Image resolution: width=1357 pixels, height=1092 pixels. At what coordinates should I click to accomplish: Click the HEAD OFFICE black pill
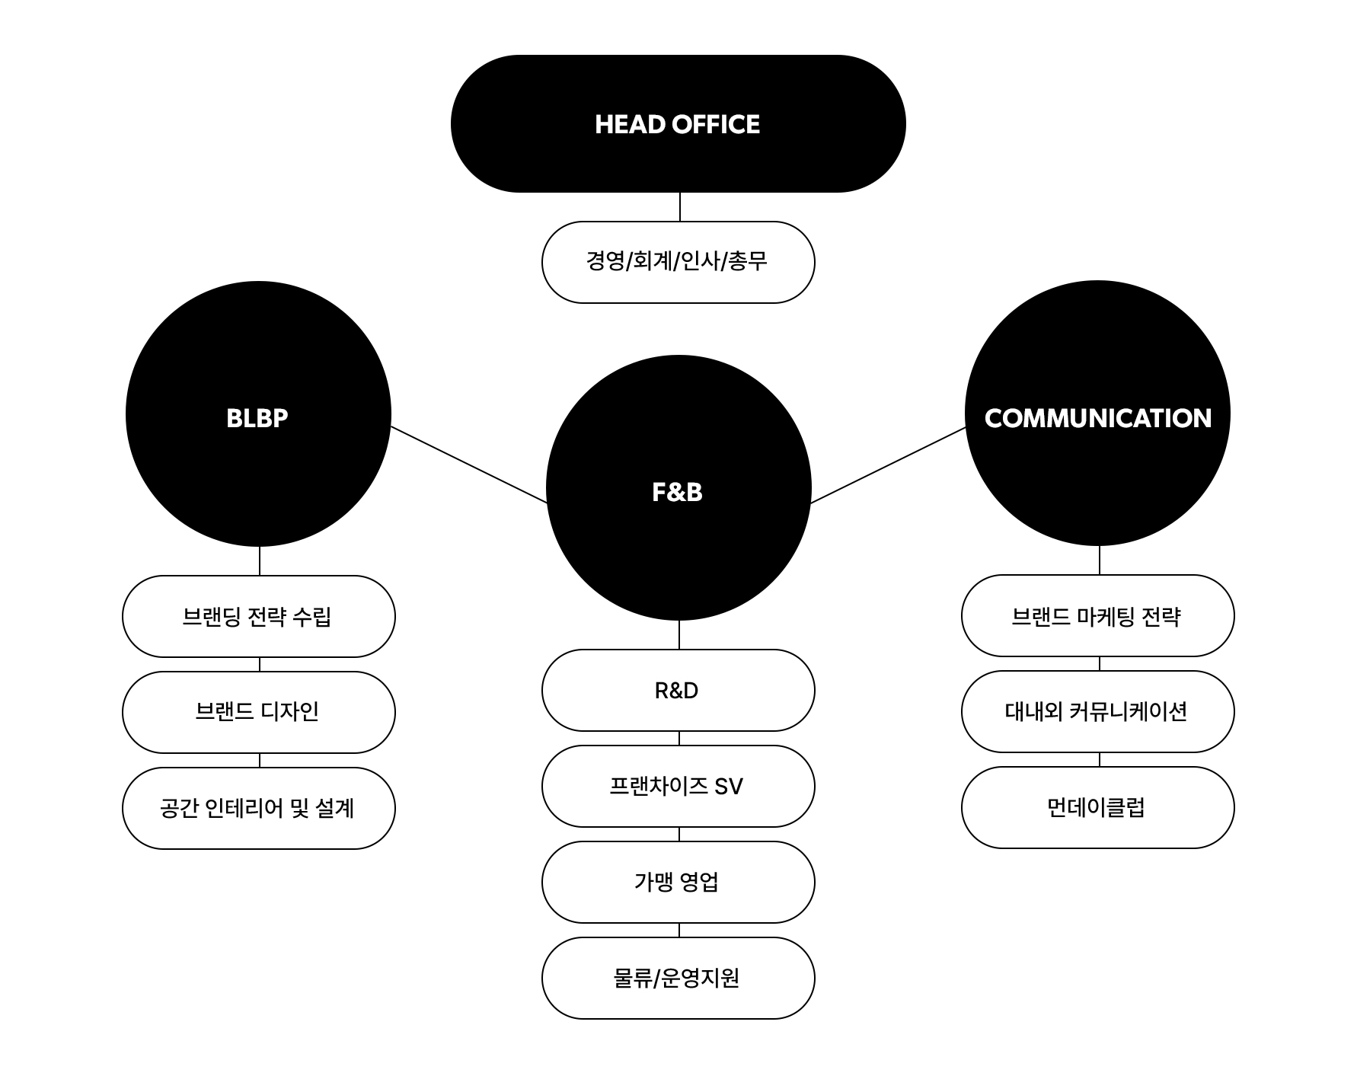pos(678,123)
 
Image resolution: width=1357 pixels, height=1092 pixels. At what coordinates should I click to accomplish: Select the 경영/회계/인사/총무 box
pos(678,262)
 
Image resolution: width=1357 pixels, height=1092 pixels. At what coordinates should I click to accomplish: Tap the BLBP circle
pos(258,413)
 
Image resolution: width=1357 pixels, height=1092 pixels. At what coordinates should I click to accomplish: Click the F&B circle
pos(678,488)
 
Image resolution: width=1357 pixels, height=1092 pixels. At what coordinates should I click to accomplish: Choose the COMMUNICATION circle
pos(1097,413)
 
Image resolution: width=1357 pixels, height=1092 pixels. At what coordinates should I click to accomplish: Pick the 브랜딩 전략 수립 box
pos(259,616)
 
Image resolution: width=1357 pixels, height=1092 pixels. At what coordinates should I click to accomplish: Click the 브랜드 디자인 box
pos(259,712)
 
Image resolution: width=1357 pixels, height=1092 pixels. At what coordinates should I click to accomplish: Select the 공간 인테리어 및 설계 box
pos(259,808)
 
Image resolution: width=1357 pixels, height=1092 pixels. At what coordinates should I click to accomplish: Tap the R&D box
pos(678,690)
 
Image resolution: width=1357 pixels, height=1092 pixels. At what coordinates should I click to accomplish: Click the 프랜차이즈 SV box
pos(678,786)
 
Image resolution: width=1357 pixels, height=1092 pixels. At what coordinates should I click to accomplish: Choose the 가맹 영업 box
pos(678,882)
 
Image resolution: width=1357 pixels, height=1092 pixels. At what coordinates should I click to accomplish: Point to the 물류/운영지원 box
pos(678,978)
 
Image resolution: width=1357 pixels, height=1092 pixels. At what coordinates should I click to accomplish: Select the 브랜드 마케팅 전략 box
pos(1097,615)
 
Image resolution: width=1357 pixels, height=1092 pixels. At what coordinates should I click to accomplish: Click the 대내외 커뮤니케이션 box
pos(1097,711)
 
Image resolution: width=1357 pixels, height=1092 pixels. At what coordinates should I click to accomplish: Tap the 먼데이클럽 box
pos(1097,807)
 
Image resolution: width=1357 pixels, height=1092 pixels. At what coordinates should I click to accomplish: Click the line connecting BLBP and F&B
pos(469,465)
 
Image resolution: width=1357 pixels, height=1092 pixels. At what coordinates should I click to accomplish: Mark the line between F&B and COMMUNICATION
pos(888,465)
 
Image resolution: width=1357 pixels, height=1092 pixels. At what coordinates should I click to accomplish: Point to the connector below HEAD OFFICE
pos(679,207)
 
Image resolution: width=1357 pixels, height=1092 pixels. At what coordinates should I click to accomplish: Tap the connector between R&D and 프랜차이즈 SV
pos(679,739)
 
